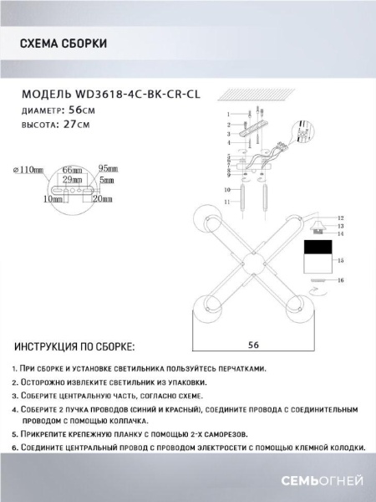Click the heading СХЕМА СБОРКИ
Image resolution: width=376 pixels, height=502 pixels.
pyautogui.click(x=62, y=44)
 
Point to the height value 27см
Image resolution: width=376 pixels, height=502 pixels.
pyautogui.click(x=74, y=124)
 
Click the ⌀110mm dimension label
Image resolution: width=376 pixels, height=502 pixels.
pyautogui.click(x=28, y=172)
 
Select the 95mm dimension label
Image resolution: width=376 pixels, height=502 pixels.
pyautogui.click(x=106, y=167)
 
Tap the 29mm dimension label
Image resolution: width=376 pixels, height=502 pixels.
pyautogui.click(x=70, y=179)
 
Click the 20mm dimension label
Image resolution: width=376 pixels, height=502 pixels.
pyautogui.click(x=102, y=200)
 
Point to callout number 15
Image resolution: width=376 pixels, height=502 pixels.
pyautogui.click(x=340, y=261)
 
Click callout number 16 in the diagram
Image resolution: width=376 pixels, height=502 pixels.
pyautogui.click(x=341, y=281)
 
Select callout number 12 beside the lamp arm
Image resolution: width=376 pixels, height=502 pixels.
pyautogui.click(x=341, y=216)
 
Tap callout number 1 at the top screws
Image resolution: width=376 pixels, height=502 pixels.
pyautogui.click(x=227, y=113)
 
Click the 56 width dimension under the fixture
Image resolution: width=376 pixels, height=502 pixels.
pyautogui.click(x=252, y=342)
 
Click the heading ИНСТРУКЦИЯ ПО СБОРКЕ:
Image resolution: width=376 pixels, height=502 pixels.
pyautogui.click(x=74, y=346)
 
